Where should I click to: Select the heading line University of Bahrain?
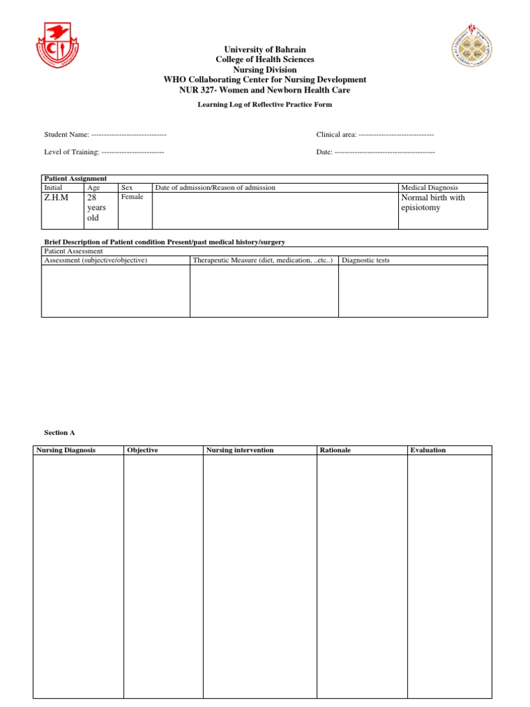pos(264,50)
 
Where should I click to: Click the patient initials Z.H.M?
pos(57,197)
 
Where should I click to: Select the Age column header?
pos(93,188)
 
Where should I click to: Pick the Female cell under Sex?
pos(132,197)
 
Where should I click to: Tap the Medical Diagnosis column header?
pos(429,188)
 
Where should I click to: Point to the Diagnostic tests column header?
pos(371,260)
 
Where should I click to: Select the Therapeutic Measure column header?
pos(263,260)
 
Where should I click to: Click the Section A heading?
pos(59,433)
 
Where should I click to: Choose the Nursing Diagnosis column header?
pos(66,450)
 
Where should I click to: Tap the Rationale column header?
pos(335,450)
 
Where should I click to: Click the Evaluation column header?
pos(428,450)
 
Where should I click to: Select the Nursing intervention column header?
pos(239,450)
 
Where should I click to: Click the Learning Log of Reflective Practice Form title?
pos(264,105)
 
